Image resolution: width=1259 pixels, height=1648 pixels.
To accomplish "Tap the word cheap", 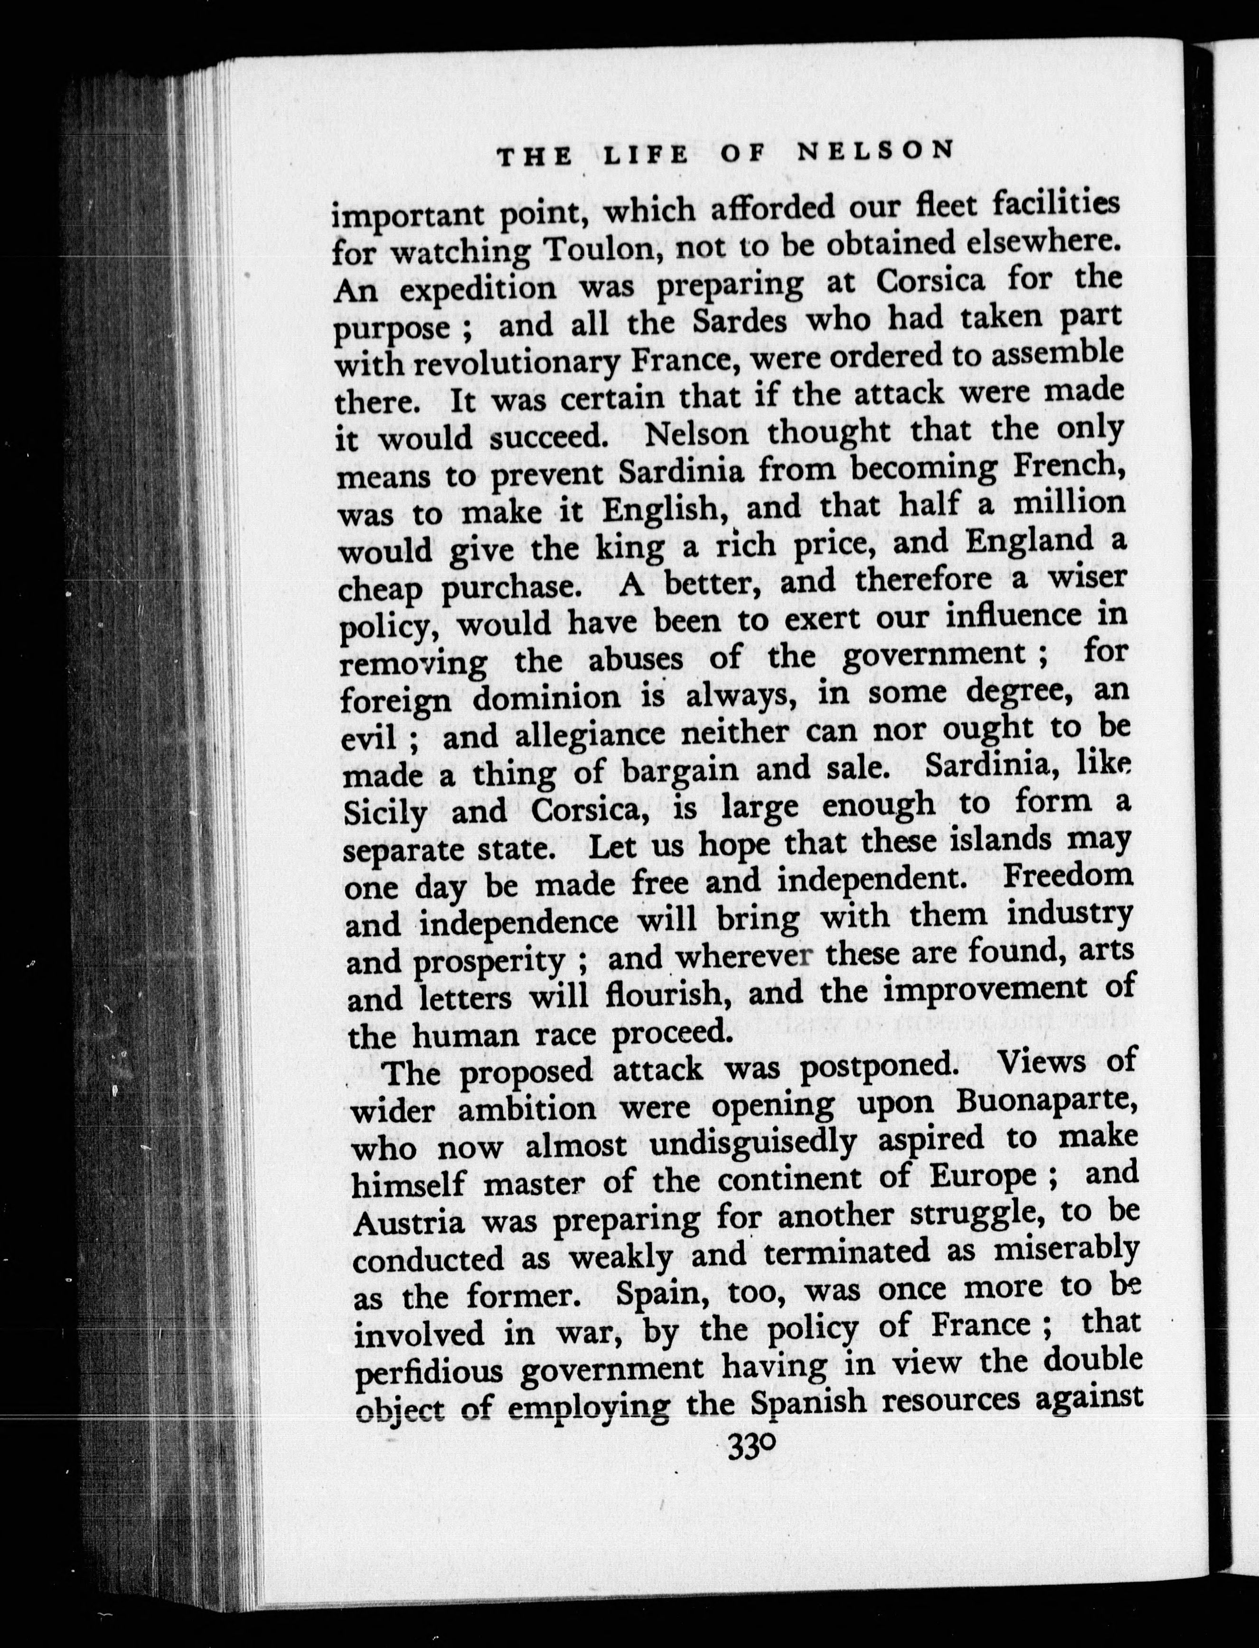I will (x=379, y=590).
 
